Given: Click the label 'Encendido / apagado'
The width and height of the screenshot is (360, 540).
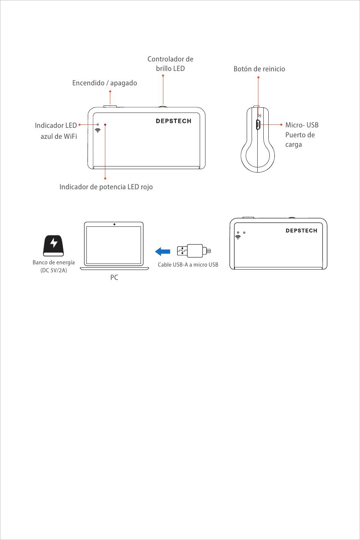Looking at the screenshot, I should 105,83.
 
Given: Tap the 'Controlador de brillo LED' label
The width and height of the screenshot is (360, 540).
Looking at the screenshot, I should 170,64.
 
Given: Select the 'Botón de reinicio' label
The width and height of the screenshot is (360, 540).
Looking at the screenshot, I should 259,69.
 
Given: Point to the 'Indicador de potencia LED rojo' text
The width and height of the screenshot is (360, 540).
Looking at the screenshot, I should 106,187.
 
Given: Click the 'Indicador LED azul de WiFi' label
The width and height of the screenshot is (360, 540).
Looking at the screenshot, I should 56,130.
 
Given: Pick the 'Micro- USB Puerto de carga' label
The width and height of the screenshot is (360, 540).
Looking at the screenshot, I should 301,135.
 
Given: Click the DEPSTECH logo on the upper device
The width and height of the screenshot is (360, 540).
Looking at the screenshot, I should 174,121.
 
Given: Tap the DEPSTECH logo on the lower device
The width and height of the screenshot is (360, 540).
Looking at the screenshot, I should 301,231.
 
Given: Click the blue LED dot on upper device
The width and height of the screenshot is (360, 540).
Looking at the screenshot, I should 98,124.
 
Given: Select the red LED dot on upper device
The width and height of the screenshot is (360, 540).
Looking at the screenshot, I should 105,124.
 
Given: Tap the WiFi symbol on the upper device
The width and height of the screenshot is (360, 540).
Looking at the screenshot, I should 98,130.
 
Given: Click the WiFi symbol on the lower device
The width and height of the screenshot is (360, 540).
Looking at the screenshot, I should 238,237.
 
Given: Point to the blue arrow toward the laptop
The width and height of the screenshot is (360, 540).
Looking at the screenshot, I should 163,251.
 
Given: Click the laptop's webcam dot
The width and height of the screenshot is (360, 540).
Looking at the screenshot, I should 114,224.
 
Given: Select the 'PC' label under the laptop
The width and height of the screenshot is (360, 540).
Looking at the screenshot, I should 114,278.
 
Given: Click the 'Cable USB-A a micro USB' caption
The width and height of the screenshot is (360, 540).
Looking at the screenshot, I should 188,265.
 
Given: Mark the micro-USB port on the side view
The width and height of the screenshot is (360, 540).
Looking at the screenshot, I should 257,125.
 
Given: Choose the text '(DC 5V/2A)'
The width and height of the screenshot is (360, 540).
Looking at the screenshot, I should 53,270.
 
